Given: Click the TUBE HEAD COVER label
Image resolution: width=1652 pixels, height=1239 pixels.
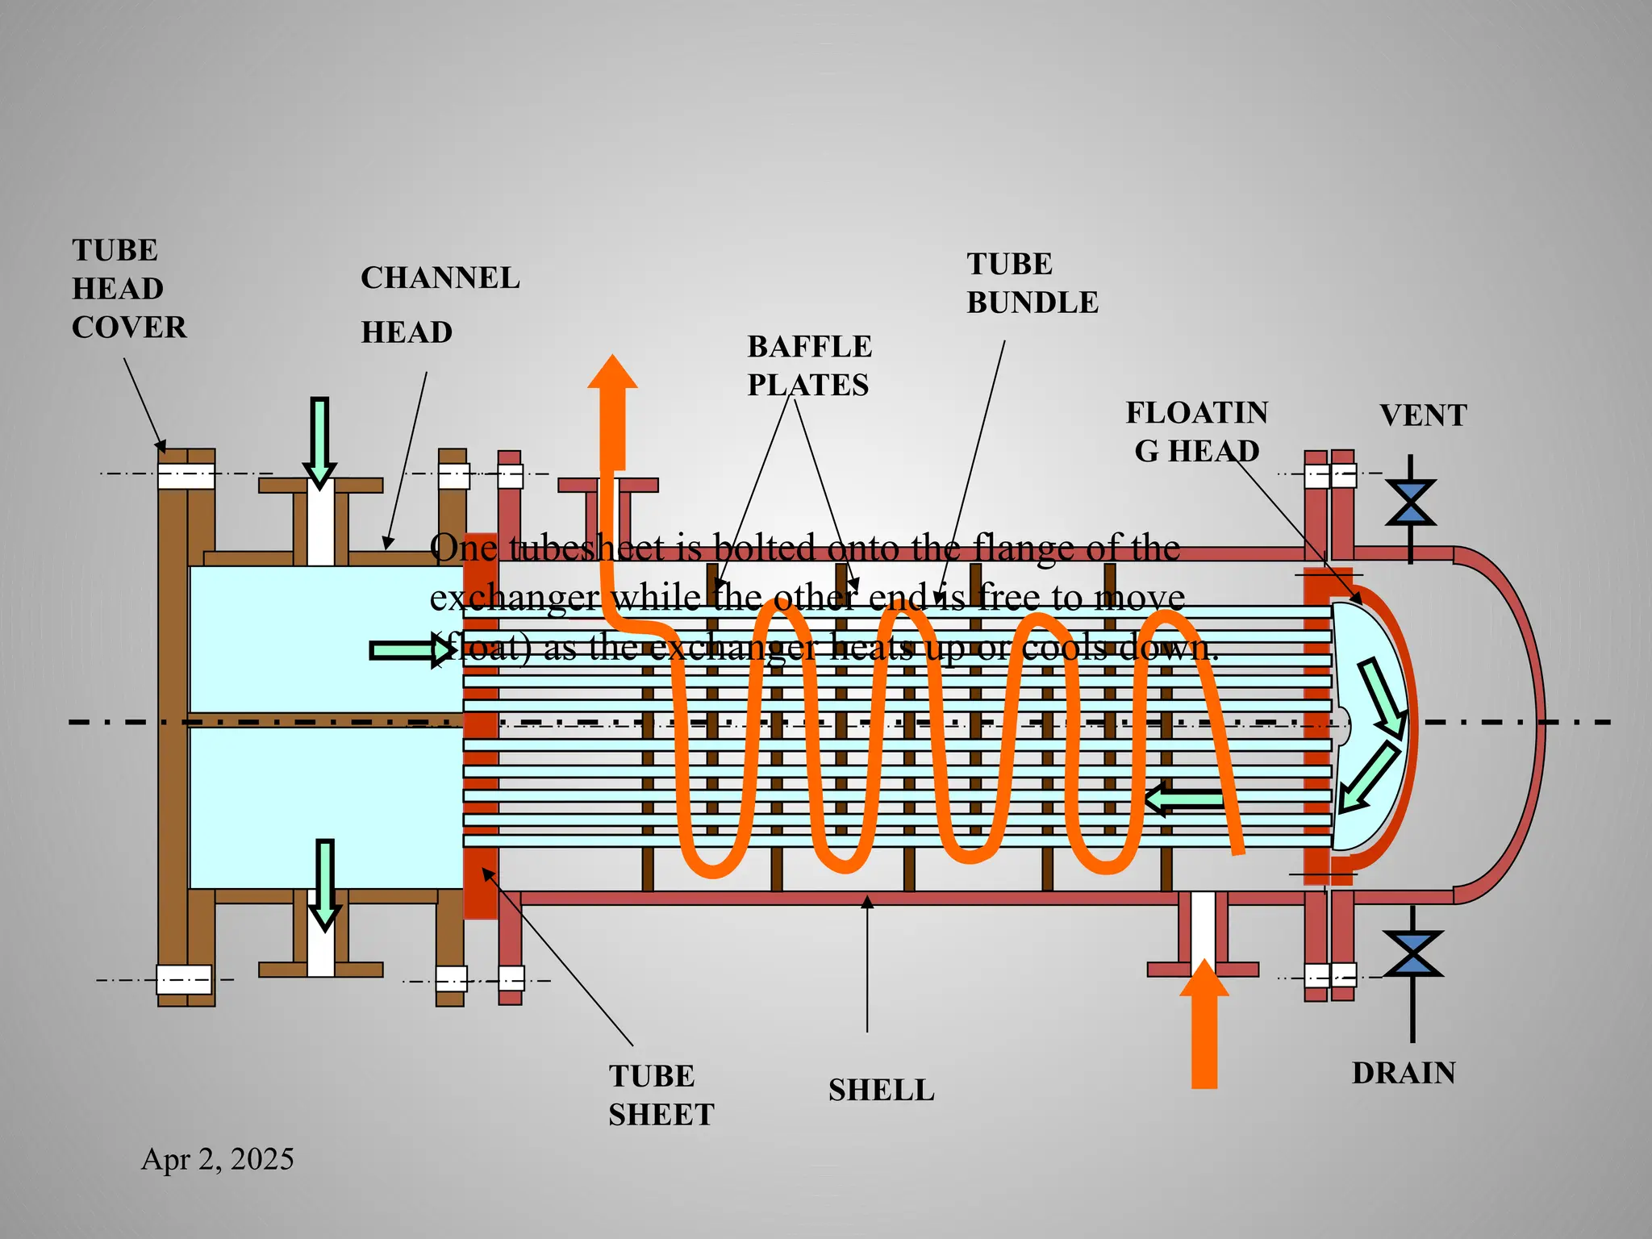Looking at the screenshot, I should pyautogui.click(x=129, y=289).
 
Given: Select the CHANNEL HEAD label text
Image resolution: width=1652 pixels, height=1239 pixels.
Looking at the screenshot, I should pyautogui.click(x=440, y=305).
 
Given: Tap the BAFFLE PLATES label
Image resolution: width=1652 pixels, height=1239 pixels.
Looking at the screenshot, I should pyautogui.click(x=809, y=365).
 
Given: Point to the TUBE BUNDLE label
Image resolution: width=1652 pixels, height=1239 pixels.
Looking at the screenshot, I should pyautogui.click(x=1032, y=283).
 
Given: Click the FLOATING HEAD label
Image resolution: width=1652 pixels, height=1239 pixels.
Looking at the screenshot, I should pyautogui.click(x=1197, y=432).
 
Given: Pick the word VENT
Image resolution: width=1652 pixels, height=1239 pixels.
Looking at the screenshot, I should pyautogui.click(x=1423, y=415).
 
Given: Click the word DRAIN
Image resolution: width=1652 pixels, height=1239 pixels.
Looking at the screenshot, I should pyautogui.click(x=1404, y=1073).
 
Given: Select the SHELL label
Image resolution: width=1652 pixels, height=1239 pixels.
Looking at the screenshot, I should pyautogui.click(x=882, y=1090).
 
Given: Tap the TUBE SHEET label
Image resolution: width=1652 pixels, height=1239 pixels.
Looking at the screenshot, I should pyautogui.click(x=661, y=1095).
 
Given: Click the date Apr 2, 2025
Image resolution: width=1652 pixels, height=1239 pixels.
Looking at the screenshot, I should pyautogui.click(x=218, y=1159).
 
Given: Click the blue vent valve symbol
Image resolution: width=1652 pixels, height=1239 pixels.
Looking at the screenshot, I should pyautogui.click(x=1411, y=503).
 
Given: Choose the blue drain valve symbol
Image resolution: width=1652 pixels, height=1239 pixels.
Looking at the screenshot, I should pyautogui.click(x=1412, y=954).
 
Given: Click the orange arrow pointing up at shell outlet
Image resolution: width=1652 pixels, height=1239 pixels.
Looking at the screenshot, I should pyautogui.click(x=613, y=411).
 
